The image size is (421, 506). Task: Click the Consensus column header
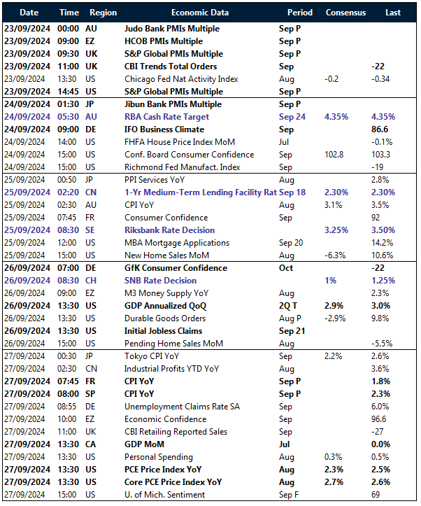345,13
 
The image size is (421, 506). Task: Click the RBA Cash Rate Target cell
166,117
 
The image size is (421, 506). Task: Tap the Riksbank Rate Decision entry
169,230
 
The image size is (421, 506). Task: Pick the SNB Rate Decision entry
161,281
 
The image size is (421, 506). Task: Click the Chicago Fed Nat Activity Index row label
181,79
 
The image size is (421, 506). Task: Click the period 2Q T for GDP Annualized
289,306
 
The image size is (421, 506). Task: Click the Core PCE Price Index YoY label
173,482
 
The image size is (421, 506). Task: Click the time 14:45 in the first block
69,92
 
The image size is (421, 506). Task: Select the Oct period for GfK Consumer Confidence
287,268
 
